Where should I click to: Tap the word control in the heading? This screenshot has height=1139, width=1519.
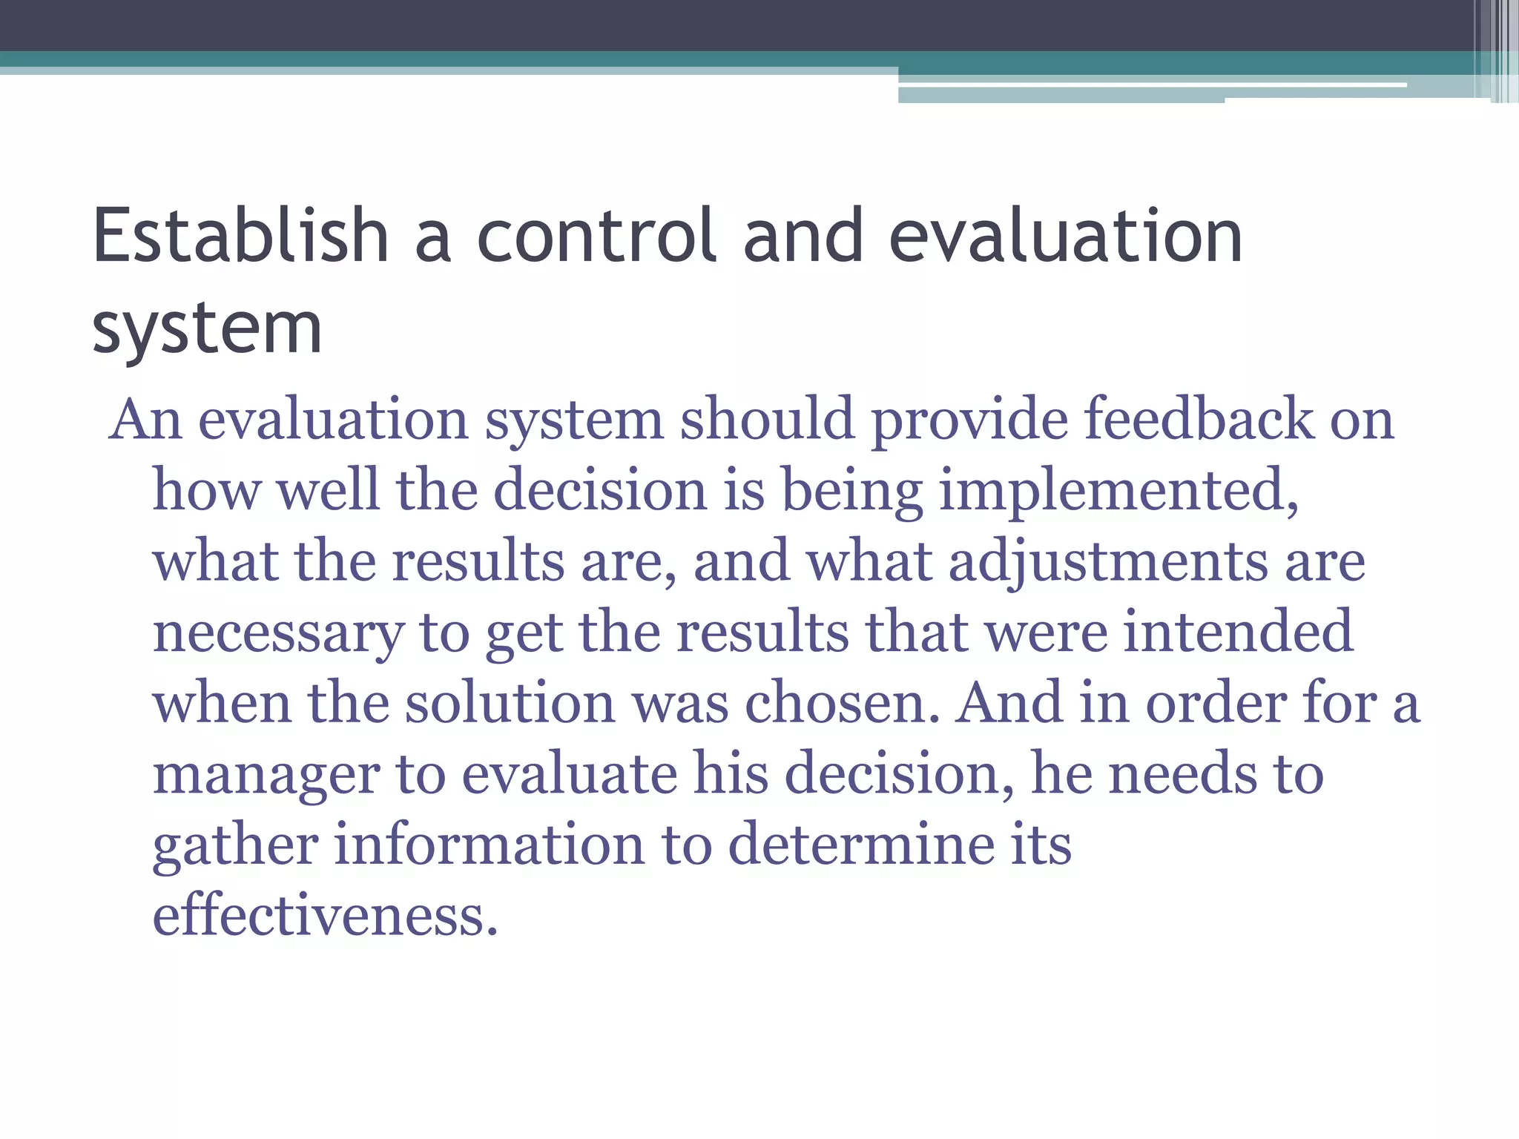click(x=597, y=236)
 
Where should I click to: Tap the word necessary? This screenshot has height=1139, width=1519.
click(x=278, y=633)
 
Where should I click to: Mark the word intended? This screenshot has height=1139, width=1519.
click(x=1238, y=631)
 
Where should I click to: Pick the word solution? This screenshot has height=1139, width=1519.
click(x=510, y=702)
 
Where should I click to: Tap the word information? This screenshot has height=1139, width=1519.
click(x=490, y=845)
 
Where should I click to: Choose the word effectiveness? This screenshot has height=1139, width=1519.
click(x=325, y=915)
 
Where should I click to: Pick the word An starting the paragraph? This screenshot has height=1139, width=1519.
click(x=145, y=420)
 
